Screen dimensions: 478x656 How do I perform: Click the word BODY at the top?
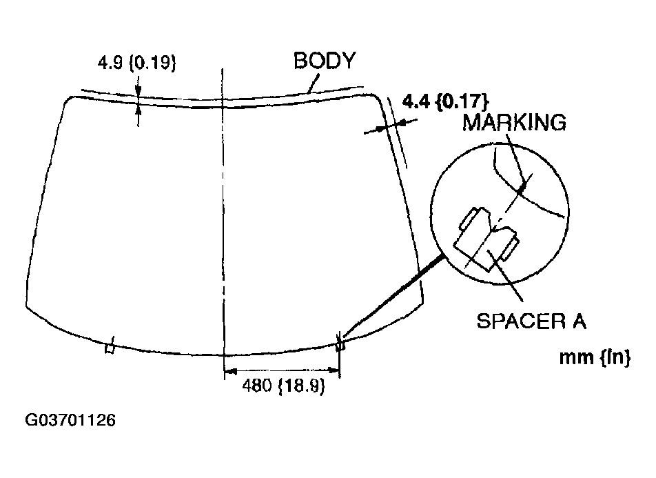point(324,61)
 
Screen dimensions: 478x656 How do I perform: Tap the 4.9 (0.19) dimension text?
point(137,64)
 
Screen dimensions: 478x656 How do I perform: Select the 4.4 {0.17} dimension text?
point(445,101)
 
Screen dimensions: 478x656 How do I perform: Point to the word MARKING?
point(513,123)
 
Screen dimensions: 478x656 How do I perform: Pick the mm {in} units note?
point(595,358)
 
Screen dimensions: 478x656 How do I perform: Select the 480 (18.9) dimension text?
point(283,387)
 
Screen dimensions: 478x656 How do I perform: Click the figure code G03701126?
point(70,420)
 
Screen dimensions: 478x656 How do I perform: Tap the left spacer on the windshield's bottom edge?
point(110,348)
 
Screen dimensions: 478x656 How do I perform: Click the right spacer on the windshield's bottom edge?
point(339,346)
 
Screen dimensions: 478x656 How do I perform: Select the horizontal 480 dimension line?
point(283,375)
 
